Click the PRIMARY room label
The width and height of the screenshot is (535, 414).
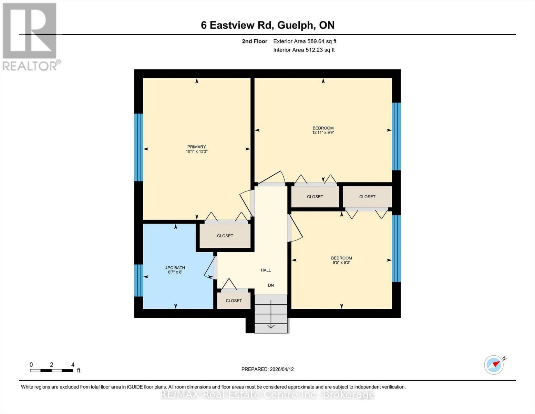pyautogui.click(x=196, y=147)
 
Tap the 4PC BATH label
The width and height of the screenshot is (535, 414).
pyautogui.click(x=175, y=267)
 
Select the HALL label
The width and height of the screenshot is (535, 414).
pyautogui.click(x=266, y=270)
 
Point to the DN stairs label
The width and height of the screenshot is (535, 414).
pyautogui.click(x=271, y=285)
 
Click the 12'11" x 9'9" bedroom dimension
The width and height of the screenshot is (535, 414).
pyautogui.click(x=323, y=132)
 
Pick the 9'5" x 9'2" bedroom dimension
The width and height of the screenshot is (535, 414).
pyautogui.click(x=341, y=262)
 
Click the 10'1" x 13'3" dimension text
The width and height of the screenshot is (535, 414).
pyautogui.click(x=196, y=151)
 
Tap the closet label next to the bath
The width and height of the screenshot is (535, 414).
pyautogui.click(x=225, y=236)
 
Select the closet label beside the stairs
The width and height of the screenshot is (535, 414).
pyautogui.click(x=234, y=300)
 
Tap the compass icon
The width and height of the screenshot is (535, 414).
pyautogui.click(x=494, y=365)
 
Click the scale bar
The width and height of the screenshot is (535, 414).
pyautogui.click(x=52, y=371)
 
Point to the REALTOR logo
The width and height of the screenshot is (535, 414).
pyautogui.click(x=30, y=36)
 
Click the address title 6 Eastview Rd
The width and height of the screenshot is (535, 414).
pyautogui.click(x=268, y=25)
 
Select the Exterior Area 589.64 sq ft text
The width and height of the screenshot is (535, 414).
pyautogui.click(x=305, y=41)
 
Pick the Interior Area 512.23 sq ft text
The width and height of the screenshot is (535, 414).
pyautogui.click(x=304, y=50)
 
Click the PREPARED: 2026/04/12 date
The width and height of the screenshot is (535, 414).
pyautogui.click(x=267, y=369)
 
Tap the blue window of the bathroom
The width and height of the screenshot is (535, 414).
pyautogui.click(x=138, y=280)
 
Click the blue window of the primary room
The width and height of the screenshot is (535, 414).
pyautogui.click(x=138, y=147)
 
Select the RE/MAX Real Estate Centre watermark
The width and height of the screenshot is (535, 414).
pyautogui.click(x=267, y=394)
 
